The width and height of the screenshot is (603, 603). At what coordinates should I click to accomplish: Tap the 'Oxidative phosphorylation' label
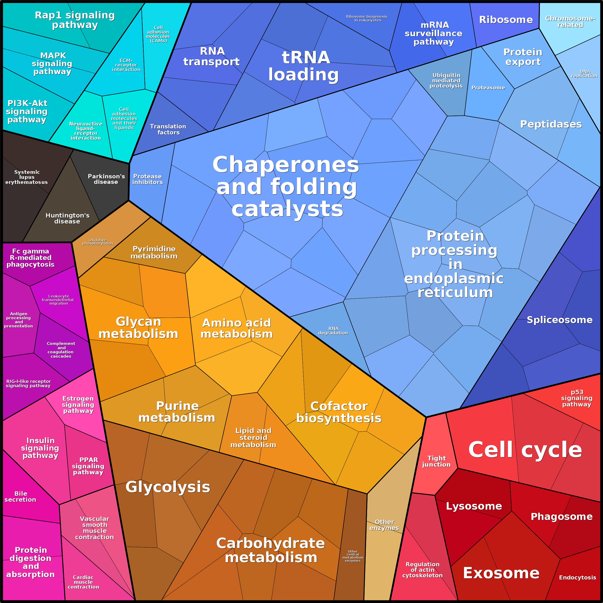(98, 242)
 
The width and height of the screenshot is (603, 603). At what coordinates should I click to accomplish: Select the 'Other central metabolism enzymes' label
(353, 556)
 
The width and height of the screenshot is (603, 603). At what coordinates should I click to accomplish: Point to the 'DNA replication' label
(584, 74)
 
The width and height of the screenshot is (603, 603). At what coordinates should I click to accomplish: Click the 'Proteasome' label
(488, 88)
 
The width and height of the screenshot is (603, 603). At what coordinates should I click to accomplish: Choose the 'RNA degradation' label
(333, 331)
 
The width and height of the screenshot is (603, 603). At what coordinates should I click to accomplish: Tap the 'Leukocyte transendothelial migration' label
(58, 300)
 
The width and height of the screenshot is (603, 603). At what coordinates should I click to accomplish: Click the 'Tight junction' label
(436, 461)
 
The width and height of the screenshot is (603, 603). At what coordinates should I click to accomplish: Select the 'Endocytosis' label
(577, 577)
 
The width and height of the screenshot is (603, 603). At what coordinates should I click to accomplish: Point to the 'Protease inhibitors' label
(148, 179)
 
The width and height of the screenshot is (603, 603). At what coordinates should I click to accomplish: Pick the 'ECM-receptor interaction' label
(126, 65)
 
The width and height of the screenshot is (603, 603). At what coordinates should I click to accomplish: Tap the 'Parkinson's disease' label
(106, 179)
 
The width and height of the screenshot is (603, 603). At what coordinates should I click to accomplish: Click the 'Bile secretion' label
(20, 497)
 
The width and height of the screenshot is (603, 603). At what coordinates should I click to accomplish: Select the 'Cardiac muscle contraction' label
(83, 582)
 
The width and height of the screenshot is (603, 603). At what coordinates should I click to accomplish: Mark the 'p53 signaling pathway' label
(577, 398)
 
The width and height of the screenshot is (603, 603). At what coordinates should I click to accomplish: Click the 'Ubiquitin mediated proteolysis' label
(446, 80)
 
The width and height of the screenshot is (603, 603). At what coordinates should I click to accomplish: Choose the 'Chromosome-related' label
(570, 22)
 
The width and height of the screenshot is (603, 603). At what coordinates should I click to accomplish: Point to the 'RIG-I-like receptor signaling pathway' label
(28, 384)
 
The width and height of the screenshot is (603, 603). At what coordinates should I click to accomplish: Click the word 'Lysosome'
(474, 506)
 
